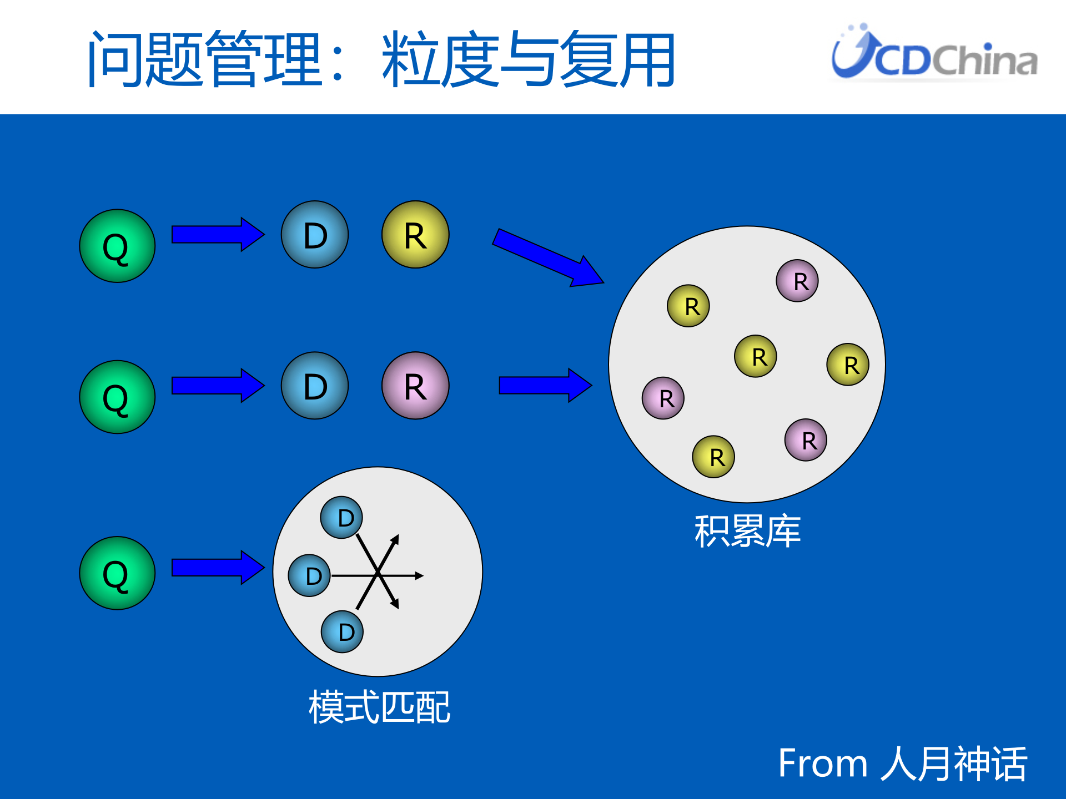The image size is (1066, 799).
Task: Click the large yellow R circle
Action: tap(415, 235)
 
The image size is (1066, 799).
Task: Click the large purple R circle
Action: tap(415, 386)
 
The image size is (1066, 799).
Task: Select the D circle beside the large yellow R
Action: tap(315, 235)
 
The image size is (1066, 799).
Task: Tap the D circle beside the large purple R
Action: tap(315, 386)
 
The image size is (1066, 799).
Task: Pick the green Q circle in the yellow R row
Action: tap(117, 246)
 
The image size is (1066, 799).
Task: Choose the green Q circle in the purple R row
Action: tap(117, 397)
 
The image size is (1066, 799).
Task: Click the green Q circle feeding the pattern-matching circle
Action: tap(117, 573)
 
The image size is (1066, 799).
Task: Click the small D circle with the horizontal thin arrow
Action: tap(310, 575)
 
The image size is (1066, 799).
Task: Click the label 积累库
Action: tap(747, 531)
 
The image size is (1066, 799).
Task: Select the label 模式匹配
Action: tap(379, 707)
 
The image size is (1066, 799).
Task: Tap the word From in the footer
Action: tap(822, 763)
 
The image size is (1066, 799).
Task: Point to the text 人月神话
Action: tap(954, 763)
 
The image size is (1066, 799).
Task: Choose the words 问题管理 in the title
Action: tap(205, 59)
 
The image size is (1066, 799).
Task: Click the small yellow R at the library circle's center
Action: tap(756, 356)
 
